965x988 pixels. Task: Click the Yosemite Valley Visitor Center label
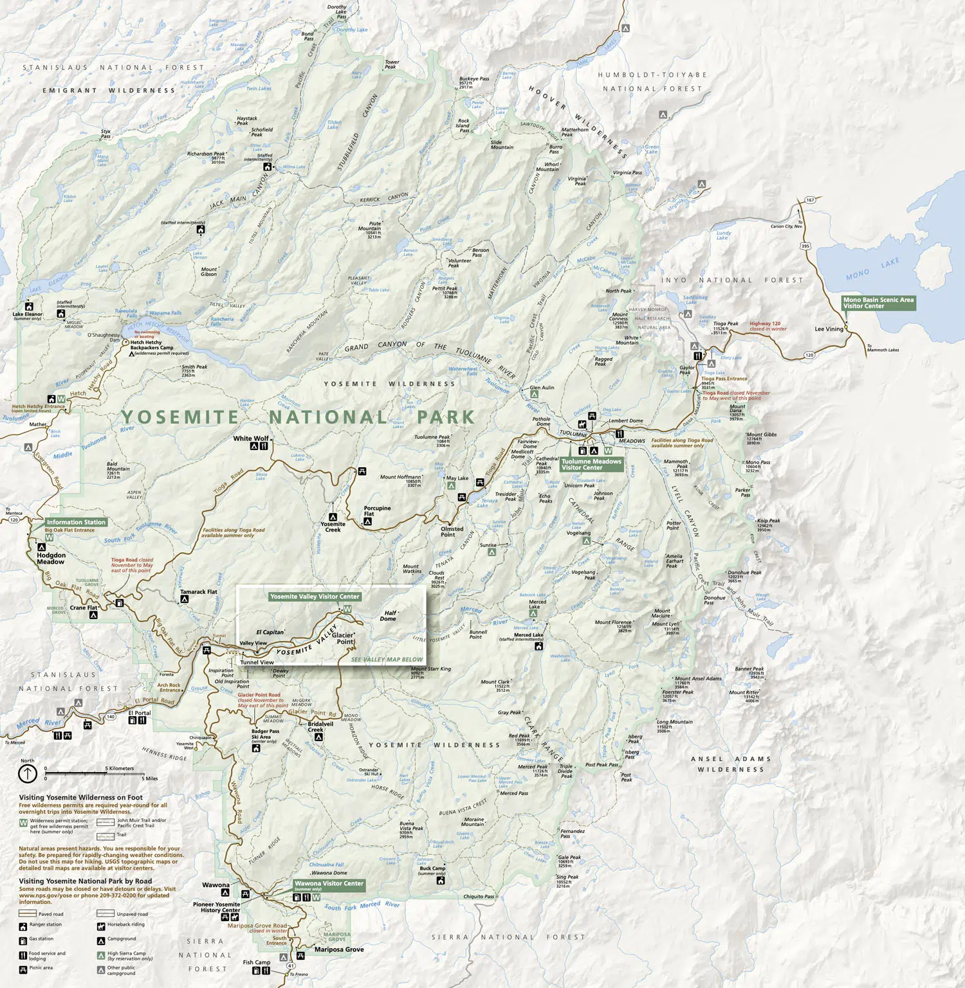315,597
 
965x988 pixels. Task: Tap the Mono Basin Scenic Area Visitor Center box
878,303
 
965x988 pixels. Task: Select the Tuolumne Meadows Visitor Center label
591,464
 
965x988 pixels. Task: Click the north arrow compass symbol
28,774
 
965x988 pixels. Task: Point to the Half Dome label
390,616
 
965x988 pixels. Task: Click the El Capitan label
270,632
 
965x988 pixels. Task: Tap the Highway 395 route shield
805,246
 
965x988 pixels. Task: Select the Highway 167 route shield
810,200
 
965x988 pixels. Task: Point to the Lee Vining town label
829,329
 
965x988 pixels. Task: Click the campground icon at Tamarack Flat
185,599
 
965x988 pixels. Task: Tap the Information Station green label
76,522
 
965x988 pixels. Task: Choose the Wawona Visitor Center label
329,883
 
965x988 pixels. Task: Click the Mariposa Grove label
339,949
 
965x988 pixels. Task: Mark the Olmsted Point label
452,532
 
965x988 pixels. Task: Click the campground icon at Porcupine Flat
367,522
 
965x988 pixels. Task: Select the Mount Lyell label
666,624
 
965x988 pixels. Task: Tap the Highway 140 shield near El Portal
111,716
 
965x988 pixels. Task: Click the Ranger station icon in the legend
23,926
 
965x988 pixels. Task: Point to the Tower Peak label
392,64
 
